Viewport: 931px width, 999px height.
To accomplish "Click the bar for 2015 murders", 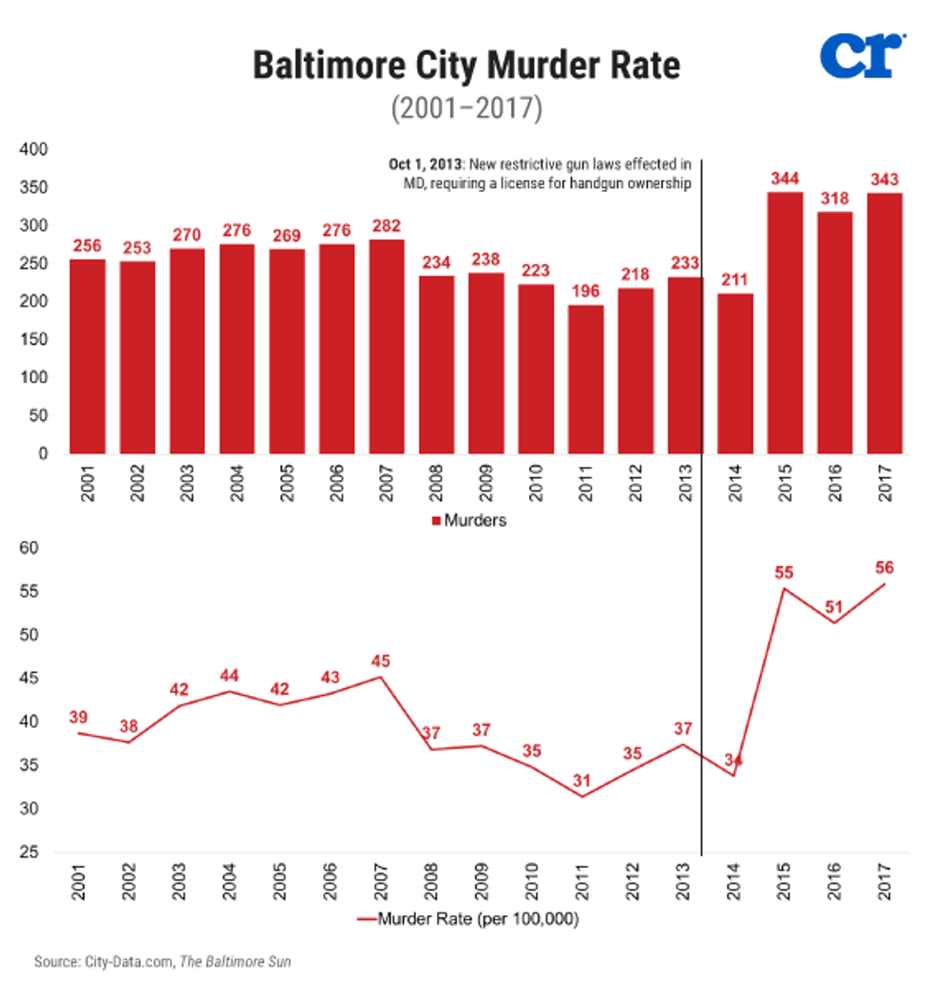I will coord(785,323).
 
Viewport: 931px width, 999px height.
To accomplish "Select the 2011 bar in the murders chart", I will coord(585,379).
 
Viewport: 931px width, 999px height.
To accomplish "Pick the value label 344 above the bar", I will coord(785,177).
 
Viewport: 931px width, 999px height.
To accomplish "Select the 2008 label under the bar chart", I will coord(437,485).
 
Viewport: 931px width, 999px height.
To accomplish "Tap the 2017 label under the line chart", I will coord(884,883).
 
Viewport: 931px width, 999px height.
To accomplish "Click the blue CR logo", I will coord(859,57).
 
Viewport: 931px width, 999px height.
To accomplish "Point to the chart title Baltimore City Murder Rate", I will coord(466,67).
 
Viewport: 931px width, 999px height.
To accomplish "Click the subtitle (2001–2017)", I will coord(466,108).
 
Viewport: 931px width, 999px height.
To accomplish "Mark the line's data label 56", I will coord(884,567).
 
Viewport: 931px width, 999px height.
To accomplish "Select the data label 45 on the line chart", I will coord(381,662).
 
